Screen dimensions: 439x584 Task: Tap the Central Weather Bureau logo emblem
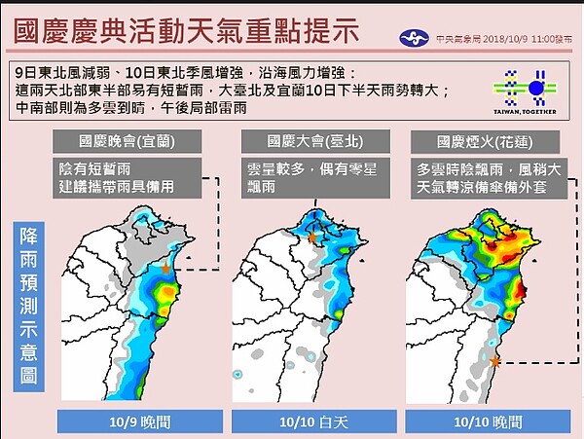(x=414, y=38)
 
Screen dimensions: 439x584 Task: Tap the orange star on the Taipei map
(x=312, y=238)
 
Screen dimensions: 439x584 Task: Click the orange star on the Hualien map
(x=494, y=361)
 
